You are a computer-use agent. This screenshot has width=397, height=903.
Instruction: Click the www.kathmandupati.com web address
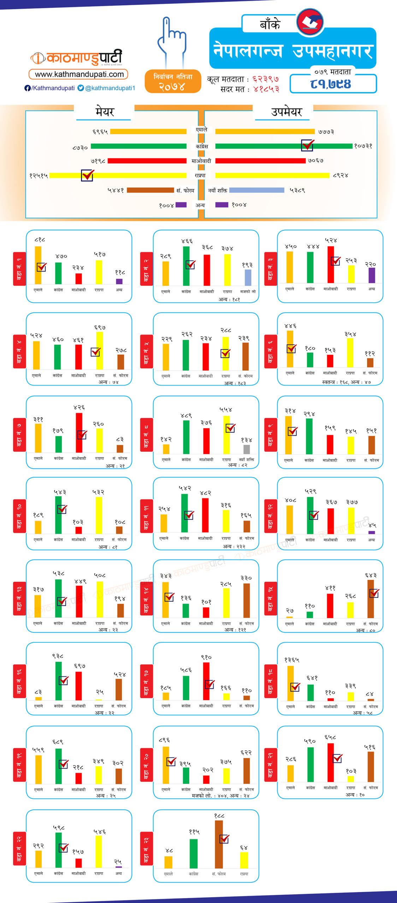click(x=79, y=74)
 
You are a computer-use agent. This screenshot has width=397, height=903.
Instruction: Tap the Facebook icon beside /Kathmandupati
click(x=27, y=88)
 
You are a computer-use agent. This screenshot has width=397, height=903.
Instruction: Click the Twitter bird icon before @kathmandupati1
click(x=81, y=88)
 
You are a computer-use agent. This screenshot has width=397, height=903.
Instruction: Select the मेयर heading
click(x=105, y=112)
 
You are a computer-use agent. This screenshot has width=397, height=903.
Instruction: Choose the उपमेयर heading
click(x=286, y=112)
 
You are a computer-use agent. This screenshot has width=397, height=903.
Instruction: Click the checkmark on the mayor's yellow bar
click(x=87, y=175)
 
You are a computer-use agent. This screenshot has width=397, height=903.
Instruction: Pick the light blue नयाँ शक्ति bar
click(x=256, y=190)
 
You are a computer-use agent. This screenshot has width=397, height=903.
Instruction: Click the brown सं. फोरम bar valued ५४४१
click(x=150, y=190)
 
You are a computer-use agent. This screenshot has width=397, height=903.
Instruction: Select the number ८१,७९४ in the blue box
click(x=331, y=84)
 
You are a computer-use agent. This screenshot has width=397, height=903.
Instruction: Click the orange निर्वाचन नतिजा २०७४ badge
click(x=173, y=81)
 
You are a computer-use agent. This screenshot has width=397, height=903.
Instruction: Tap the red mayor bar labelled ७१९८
click(x=147, y=161)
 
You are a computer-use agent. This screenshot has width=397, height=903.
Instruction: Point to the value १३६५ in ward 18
click(x=291, y=660)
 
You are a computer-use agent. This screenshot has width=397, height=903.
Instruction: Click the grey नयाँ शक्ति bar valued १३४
click(x=247, y=449)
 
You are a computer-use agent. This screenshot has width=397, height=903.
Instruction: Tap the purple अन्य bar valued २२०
click(x=372, y=275)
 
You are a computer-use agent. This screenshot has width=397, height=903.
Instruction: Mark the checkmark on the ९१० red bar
click(x=210, y=684)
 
